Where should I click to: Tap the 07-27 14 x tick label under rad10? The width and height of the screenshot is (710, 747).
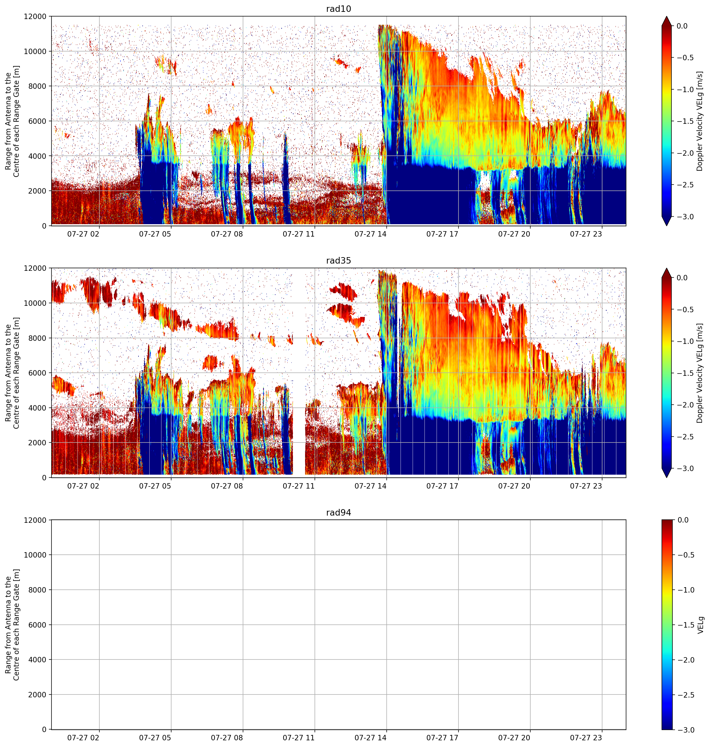(370, 234)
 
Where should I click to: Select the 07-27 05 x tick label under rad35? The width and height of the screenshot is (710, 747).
(155, 486)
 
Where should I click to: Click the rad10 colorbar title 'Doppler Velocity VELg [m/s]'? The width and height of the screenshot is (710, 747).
(699, 121)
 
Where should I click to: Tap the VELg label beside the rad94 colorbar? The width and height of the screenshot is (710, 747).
(700, 625)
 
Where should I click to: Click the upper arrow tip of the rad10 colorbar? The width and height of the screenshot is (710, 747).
(666, 16)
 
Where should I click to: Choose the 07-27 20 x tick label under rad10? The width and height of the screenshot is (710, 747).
(514, 234)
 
